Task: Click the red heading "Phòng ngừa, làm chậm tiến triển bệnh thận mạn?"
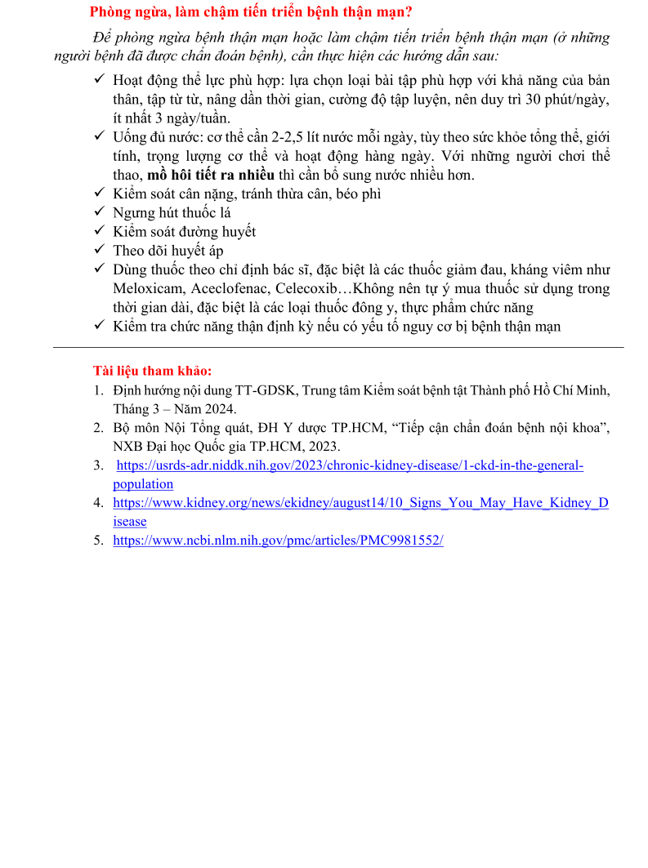coord(251,12)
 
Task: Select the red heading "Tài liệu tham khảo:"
coord(153,371)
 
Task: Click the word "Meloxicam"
coord(149,288)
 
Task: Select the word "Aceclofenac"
coord(229,288)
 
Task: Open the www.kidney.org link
coord(360,503)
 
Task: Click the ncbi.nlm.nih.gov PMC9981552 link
coord(278,541)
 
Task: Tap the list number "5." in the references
coord(98,541)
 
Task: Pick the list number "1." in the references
coord(98,390)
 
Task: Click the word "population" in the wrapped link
coord(143,484)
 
